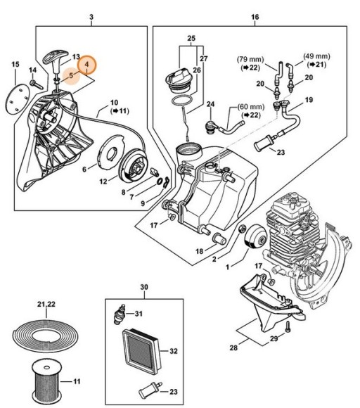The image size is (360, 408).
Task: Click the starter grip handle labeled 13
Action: point(56,61)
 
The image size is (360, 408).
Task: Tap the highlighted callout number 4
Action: point(87,64)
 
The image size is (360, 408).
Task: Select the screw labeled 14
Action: point(36,84)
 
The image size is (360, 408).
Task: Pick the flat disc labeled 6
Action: point(110,152)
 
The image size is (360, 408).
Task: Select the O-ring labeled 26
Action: point(183,101)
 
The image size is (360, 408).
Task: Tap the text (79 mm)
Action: point(250,60)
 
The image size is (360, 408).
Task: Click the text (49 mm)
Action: point(316,56)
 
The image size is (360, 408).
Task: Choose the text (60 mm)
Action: point(251,107)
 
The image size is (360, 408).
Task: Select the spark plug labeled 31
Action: point(120,314)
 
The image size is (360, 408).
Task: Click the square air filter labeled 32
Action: point(141,351)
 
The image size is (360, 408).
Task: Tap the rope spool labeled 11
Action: point(46,382)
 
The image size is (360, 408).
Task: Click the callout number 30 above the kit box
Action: point(144,287)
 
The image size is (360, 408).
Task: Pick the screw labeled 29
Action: point(288,326)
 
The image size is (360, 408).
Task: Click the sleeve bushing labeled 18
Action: point(220,239)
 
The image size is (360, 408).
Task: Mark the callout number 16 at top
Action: point(255,17)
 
